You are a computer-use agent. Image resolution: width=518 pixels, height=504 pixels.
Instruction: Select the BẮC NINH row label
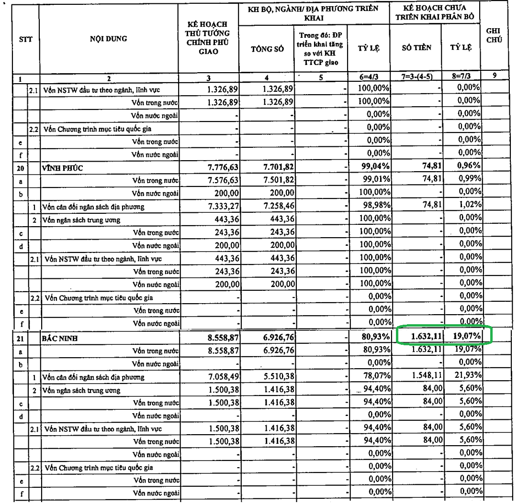click(x=60, y=339)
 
